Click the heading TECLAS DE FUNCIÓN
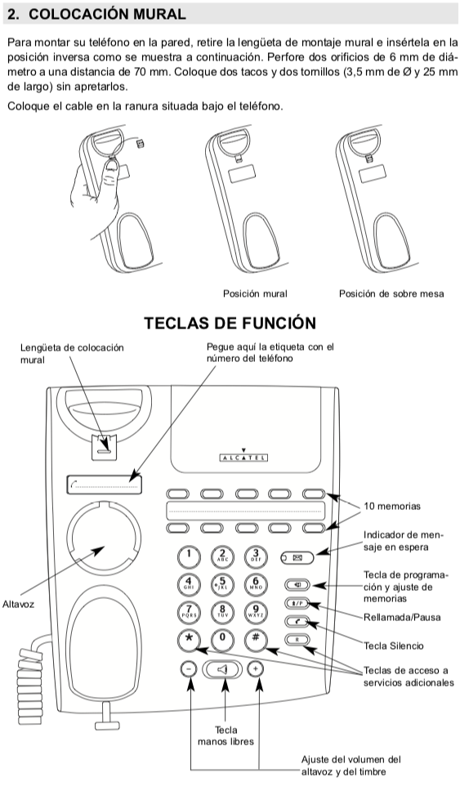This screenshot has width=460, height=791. tap(230, 323)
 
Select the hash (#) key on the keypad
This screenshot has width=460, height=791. tap(257, 638)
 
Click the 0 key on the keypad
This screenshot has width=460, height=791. tap(223, 638)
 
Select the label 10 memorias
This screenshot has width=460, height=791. tap(392, 507)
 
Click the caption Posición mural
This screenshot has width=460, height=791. tap(255, 293)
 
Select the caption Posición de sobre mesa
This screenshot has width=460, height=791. tap(391, 293)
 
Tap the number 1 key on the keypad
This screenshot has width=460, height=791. tap(189, 556)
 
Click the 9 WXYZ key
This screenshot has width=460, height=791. tap(257, 610)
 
